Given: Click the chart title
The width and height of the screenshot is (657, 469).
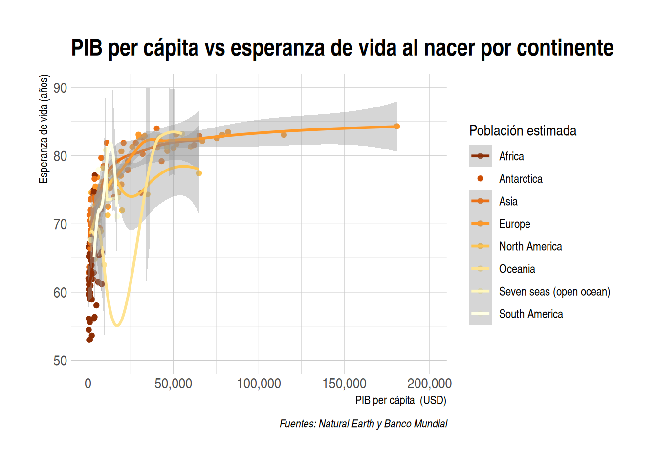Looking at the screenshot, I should point(342,48).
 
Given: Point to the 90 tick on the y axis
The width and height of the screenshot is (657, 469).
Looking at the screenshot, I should point(60,88).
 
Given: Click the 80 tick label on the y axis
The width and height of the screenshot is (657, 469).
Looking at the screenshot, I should point(60,156).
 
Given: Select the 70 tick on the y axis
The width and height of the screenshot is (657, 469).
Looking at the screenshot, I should point(60,224).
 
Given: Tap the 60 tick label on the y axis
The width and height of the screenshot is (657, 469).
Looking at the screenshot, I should point(60,293).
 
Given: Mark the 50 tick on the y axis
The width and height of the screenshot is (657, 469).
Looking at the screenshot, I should point(60,361).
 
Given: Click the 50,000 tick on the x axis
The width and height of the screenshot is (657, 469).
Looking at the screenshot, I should point(173,384).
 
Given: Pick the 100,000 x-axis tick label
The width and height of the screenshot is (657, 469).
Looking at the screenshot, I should point(259,384).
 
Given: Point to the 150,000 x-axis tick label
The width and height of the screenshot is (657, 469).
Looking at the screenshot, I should point(344,384).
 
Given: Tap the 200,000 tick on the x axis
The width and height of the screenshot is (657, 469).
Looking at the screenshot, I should point(429,384).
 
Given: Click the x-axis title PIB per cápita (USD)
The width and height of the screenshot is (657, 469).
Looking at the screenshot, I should point(400,400).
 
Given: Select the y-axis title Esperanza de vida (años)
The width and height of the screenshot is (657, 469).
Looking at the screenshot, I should point(44,129).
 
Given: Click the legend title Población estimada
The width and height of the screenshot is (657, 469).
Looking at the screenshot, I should point(523,130).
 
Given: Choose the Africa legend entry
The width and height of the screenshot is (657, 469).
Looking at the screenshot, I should point(511,156).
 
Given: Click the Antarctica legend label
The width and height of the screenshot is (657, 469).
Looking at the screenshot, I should point(521,179).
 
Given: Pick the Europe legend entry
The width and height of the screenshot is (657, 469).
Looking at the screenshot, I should point(514,224).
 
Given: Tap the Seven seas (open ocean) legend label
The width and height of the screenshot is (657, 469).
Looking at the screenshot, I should point(554,292).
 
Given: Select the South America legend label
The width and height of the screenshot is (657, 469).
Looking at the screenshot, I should point(531,314).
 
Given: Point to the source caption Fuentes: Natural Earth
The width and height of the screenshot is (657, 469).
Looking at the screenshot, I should point(363,424).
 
